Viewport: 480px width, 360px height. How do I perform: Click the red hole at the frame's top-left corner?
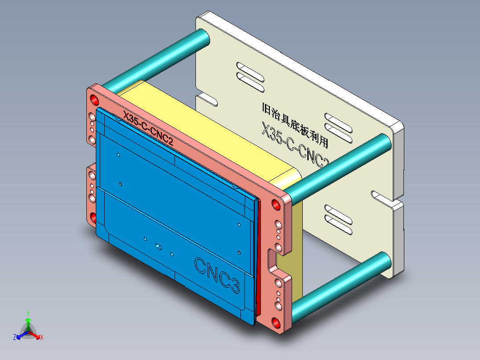[94, 99]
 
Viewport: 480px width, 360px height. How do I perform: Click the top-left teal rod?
[156, 57]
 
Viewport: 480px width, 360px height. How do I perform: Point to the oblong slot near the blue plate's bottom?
[158, 246]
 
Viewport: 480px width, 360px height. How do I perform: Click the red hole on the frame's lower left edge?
[94, 218]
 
